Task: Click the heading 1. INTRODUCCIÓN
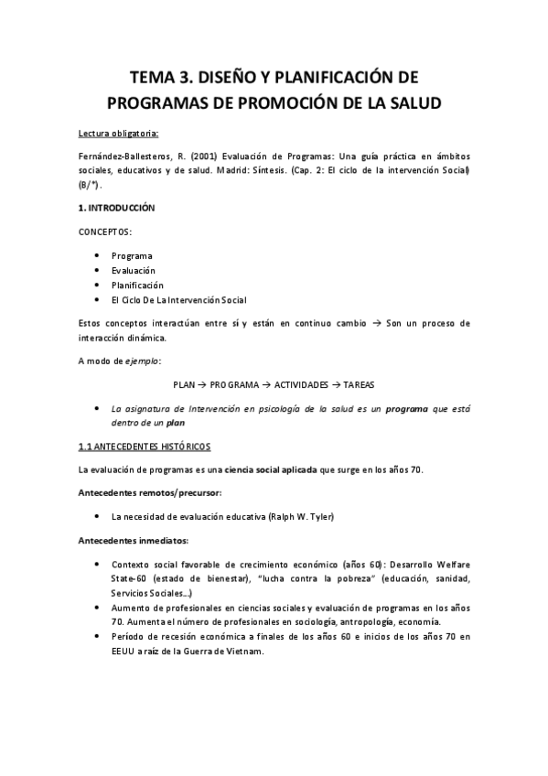coord(116,209)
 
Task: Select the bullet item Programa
coord(132,255)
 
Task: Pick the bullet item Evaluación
coord(134,270)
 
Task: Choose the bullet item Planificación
coord(137,286)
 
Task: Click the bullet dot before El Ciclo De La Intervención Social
coord(97,300)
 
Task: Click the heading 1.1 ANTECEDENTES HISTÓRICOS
coord(144,446)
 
